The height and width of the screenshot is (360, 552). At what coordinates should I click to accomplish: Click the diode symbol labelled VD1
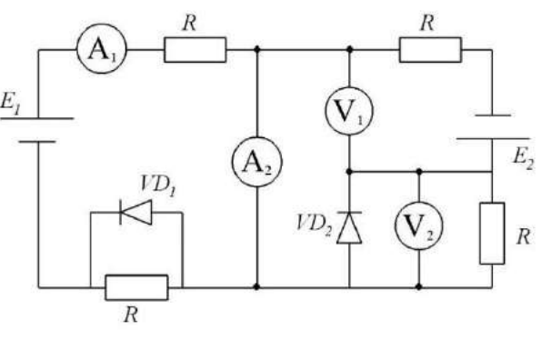136,212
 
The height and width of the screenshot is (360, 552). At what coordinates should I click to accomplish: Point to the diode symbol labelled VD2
349,227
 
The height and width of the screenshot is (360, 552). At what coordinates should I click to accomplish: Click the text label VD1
157,185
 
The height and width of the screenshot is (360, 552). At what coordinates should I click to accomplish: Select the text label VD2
315,225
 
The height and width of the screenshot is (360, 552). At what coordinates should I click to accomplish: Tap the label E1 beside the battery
10,103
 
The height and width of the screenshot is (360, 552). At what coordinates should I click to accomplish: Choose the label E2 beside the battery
524,157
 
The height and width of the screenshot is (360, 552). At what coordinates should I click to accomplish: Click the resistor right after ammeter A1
195,50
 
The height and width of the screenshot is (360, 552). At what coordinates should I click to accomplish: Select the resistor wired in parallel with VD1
136,287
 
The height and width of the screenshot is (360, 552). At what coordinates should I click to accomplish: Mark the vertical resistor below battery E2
492,233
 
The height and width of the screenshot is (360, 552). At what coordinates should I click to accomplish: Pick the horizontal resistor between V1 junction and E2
430,50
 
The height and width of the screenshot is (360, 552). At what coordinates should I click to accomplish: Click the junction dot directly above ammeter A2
257,49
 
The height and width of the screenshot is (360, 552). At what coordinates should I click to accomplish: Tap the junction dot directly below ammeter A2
256,287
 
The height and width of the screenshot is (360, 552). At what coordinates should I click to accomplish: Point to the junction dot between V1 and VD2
349,172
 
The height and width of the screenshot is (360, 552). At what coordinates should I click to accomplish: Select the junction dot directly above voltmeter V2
419,172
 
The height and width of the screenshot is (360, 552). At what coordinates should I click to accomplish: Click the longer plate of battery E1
37,118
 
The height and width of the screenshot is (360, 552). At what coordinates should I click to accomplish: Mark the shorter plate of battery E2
493,115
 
